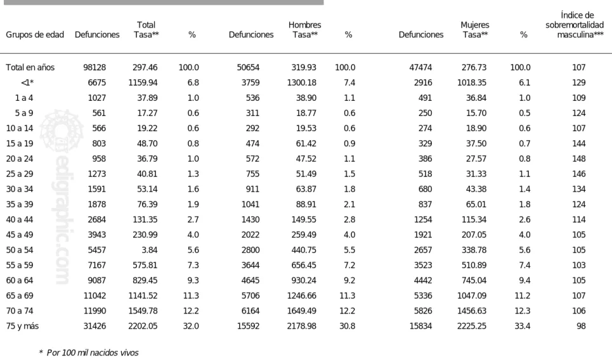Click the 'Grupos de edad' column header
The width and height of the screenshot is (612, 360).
point(35,35)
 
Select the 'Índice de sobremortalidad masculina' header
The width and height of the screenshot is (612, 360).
point(575,25)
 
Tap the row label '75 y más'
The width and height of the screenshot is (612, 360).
point(22,326)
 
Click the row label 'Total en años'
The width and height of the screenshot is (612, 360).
point(30,67)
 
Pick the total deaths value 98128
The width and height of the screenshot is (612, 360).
point(94,67)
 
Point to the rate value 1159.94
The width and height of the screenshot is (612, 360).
point(143,82)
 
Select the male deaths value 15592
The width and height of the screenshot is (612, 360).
point(248,326)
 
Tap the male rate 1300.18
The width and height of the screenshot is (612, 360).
point(302,82)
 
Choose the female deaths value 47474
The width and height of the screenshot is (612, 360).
point(420,67)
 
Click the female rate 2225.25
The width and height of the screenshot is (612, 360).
point(472,326)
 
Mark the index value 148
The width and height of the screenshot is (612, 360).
point(579,158)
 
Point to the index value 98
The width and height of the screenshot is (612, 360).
point(581,326)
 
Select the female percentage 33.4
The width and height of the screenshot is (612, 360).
point(522,326)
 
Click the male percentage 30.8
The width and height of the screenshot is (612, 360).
point(348,326)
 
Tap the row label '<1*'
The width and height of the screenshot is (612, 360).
point(27,82)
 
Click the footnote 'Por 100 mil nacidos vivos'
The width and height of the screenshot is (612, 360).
point(93,353)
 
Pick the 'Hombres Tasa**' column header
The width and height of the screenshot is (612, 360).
point(305,30)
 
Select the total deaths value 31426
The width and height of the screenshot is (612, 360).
point(94,326)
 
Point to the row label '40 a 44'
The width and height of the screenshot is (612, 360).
point(20,219)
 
